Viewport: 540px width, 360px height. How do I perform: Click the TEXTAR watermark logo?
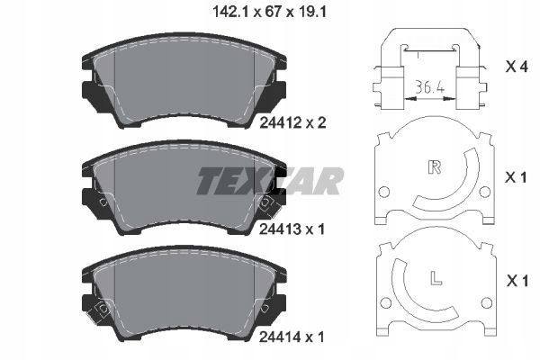point(270,181)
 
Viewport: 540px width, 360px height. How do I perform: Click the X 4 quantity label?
point(514,67)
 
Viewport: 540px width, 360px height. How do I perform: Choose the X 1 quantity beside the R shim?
point(514,178)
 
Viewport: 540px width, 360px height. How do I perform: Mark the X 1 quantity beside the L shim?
point(514,283)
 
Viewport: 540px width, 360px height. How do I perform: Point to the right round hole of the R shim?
point(485,193)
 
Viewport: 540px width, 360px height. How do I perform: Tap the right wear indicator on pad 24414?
point(265,310)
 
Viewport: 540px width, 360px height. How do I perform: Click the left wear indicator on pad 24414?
point(103,310)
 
